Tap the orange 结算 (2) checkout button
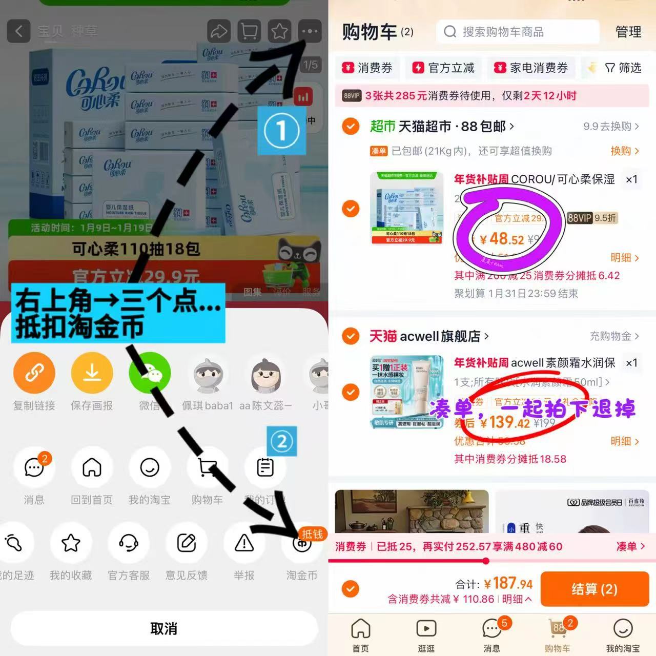coord(594,589)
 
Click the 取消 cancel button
coord(164,628)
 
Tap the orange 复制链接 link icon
coord(34,373)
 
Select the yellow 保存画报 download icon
coord(92,373)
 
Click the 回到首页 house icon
coord(92,467)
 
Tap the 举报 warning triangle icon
coord(244,543)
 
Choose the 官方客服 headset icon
coord(129,543)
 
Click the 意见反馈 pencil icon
coord(187,543)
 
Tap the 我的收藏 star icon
coord(71,543)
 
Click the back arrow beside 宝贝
coord(18,31)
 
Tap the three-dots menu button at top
coord(310,31)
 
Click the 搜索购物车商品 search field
coord(518,32)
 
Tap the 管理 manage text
coord(628,32)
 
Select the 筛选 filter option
coord(623,68)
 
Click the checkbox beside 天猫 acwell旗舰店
coord(351,336)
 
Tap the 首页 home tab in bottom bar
coord(361,634)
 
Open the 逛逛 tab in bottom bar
coord(426,634)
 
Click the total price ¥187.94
coord(508,583)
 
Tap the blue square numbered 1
coord(281,131)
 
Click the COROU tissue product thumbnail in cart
coord(406,208)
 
